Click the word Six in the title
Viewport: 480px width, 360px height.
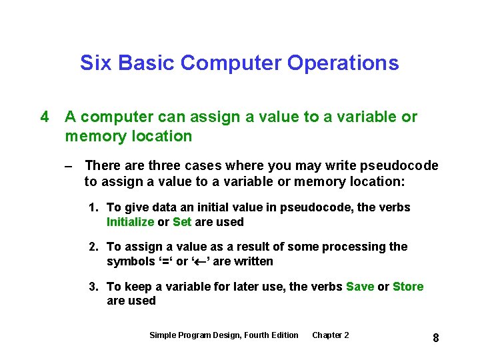[93, 63]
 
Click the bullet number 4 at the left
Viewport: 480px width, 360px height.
[45, 117]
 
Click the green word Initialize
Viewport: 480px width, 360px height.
[130, 222]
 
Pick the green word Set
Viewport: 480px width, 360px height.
[182, 222]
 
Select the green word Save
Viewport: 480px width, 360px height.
[360, 287]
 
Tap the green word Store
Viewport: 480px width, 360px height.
[408, 287]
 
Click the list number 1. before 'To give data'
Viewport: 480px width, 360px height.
[95, 208]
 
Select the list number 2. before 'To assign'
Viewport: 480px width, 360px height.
[95, 247]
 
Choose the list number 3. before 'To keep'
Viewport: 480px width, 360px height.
[95, 287]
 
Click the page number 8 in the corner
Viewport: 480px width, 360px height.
[435, 338]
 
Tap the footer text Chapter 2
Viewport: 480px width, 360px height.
[330, 335]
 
